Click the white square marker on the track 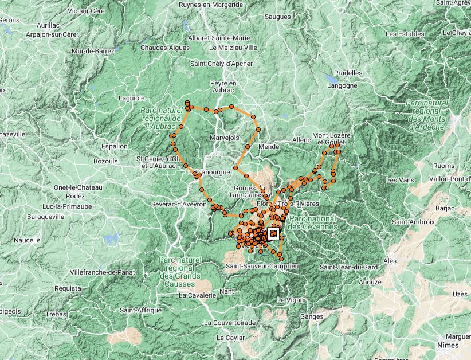click(273, 233)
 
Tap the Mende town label click(269, 147)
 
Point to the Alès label click(390, 261)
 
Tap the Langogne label click(342, 85)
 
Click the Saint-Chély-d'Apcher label click(221, 64)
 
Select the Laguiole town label click(131, 98)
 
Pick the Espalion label click(114, 146)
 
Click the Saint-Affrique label click(139, 310)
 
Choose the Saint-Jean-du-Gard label click(348, 267)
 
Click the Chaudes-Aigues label click(164, 48)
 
